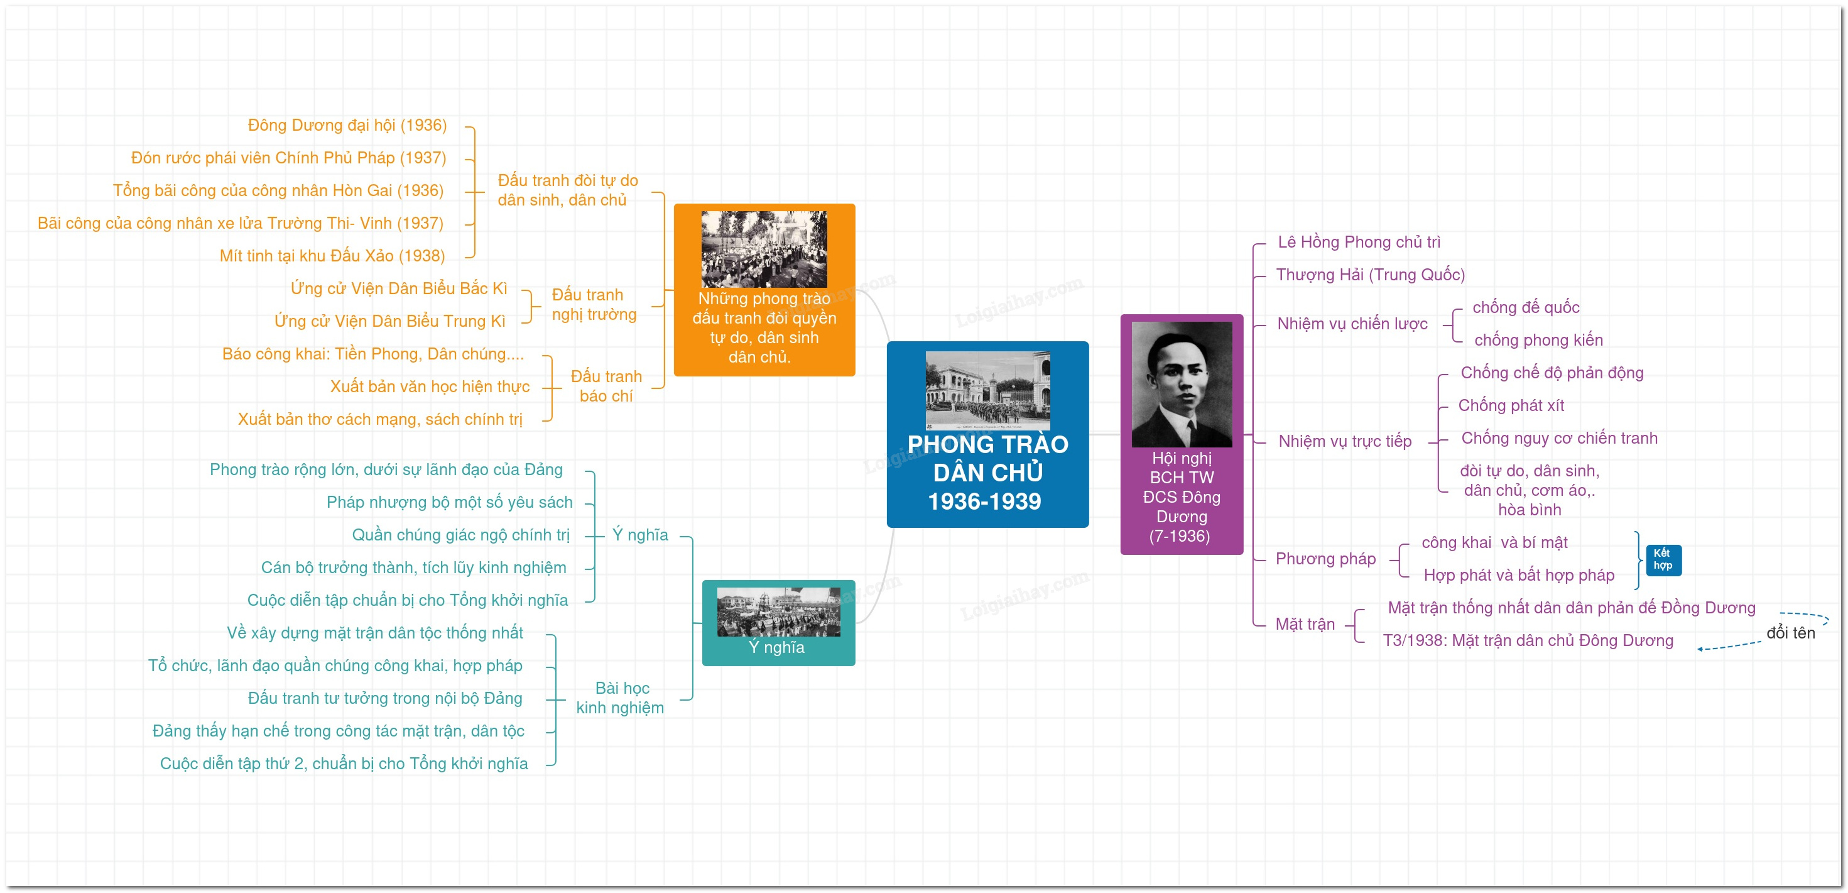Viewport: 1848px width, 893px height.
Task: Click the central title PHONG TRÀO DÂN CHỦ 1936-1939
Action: tap(987, 473)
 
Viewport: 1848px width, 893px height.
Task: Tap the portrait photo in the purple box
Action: tap(1182, 384)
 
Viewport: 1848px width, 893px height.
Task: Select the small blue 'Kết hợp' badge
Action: tap(1663, 559)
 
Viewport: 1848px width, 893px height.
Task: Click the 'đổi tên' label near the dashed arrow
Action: tap(1791, 632)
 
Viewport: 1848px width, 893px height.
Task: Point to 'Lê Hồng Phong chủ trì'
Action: tap(1359, 242)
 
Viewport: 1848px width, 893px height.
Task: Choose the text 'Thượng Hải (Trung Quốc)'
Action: tap(1370, 275)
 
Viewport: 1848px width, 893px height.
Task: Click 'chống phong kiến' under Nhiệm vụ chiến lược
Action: tap(1538, 340)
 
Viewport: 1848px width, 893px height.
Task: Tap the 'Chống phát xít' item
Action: tap(1511, 405)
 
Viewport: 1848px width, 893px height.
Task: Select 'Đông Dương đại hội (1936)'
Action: tap(347, 126)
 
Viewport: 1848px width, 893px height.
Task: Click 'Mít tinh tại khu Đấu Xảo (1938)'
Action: tap(332, 256)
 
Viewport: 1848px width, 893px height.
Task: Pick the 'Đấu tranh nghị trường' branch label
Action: tap(594, 304)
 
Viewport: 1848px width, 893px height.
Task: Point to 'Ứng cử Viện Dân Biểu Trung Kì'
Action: tap(389, 321)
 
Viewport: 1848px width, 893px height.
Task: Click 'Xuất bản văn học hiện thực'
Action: tap(430, 386)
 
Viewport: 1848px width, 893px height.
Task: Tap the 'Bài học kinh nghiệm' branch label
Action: tap(621, 698)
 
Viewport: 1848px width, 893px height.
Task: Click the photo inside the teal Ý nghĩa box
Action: tap(778, 611)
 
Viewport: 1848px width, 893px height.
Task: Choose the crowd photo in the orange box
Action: tap(764, 249)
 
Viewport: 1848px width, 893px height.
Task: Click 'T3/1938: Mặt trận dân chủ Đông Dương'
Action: tap(1528, 640)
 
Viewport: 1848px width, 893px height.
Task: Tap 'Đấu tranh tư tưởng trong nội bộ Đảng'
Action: tap(385, 698)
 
